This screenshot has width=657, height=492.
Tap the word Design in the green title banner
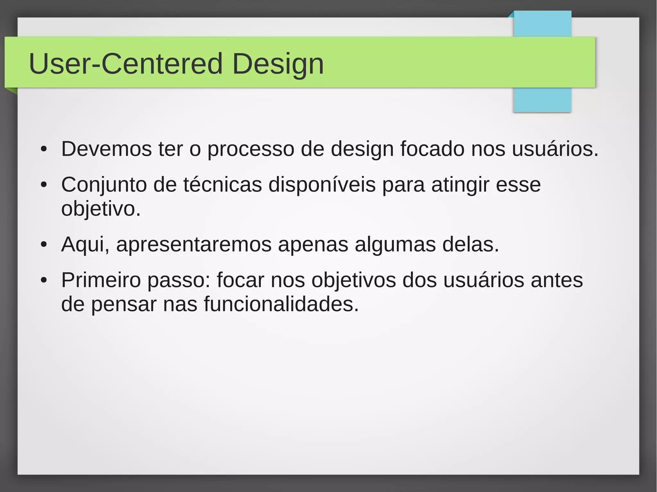pos(278,64)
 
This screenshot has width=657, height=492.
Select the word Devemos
pos(106,149)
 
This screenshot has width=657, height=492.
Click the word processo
pos(251,150)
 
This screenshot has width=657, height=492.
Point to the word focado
pos(432,149)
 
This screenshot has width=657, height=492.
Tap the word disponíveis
pos(322,185)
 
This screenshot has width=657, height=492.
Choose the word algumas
pos(395,245)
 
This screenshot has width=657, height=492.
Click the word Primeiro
pos(101,280)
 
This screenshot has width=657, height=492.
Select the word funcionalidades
pos(281,304)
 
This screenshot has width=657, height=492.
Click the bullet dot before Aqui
pos(44,245)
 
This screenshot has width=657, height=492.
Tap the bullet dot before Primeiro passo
pos(44,280)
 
